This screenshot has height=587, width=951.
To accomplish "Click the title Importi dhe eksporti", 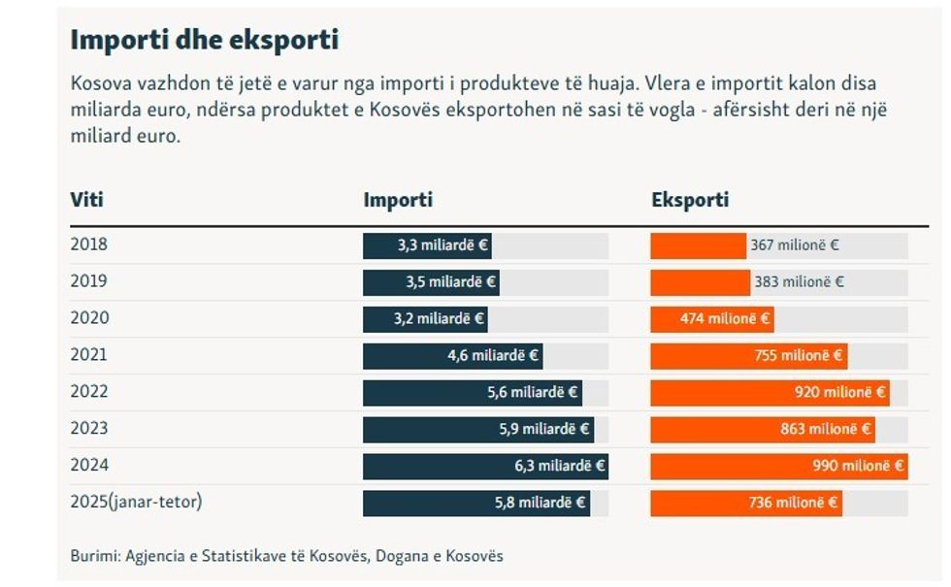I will click(x=204, y=41).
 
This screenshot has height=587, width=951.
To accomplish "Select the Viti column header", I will click(x=86, y=201).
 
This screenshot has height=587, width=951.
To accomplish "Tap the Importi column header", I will click(x=398, y=201).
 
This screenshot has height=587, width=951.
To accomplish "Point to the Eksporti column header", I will click(x=690, y=201).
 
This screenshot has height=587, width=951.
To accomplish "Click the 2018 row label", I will click(x=89, y=245).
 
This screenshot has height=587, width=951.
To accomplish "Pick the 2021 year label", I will click(x=89, y=355).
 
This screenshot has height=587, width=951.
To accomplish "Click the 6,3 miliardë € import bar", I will click(x=485, y=467).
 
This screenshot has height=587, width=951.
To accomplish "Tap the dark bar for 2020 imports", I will click(x=425, y=319).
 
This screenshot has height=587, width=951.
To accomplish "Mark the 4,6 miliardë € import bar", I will click(x=452, y=356).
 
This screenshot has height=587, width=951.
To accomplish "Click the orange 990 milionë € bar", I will click(x=778, y=467).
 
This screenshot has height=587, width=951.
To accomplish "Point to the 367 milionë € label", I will click(x=795, y=245).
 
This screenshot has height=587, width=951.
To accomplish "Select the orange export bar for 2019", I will click(x=700, y=282).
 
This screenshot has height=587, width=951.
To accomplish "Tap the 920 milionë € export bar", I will click(x=770, y=393).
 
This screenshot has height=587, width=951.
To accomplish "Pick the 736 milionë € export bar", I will click(x=746, y=504).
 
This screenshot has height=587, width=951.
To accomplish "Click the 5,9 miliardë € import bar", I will click(x=477, y=430).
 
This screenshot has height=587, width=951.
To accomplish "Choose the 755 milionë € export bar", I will click(x=748, y=356).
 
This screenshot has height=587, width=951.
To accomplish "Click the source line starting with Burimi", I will click(x=286, y=556).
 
